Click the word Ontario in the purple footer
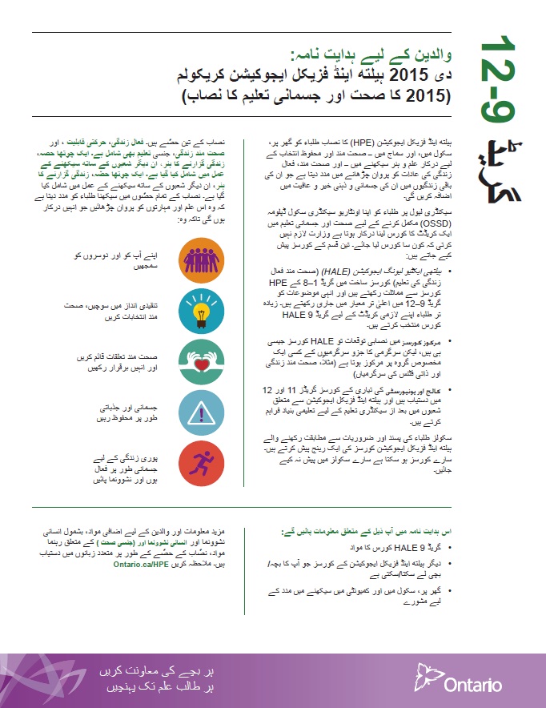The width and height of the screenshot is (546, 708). (x=480, y=685)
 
